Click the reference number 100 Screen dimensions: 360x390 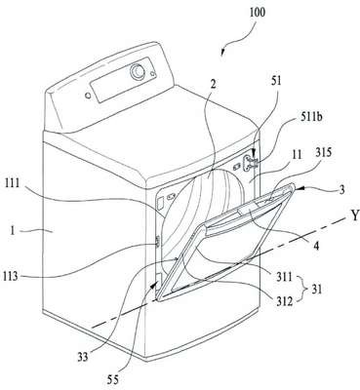[x=258, y=13]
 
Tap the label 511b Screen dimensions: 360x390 [x=310, y=117]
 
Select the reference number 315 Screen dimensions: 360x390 [x=324, y=153]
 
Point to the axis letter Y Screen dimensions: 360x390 [x=353, y=214]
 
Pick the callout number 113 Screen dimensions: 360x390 [x=11, y=277]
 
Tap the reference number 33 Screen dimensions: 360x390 [x=82, y=357]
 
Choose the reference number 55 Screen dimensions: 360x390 [x=113, y=379]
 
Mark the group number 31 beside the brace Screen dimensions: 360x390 [x=316, y=289]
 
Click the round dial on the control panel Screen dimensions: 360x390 [x=138, y=71]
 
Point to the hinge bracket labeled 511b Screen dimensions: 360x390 [x=250, y=162]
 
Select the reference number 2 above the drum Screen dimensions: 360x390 [x=213, y=85]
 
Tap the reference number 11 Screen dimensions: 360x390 [x=298, y=155]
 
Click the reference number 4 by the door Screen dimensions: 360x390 [x=316, y=246]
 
